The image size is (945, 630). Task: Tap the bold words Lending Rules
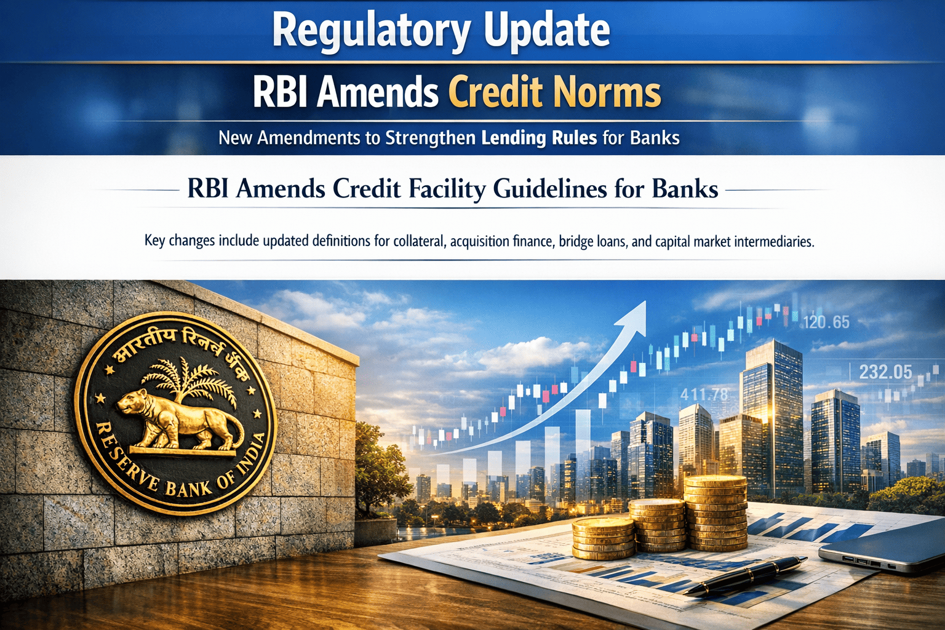pyautogui.click(x=539, y=138)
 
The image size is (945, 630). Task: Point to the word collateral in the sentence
pyautogui.click(x=420, y=241)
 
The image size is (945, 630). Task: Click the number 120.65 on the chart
pyautogui.click(x=826, y=322)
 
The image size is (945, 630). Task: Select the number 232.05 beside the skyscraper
pyautogui.click(x=885, y=372)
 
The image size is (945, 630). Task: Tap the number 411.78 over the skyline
pyautogui.click(x=704, y=394)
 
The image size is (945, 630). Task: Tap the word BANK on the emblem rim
pyautogui.click(x=189, y=487)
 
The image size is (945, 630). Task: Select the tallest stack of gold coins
pyautogui.click(x=716, y=512)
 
